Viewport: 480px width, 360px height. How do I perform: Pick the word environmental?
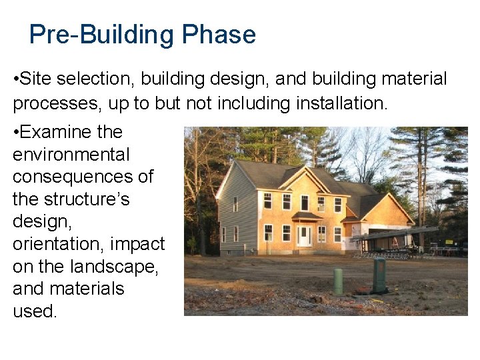click(71, 155)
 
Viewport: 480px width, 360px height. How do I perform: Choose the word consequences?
click(83, 177)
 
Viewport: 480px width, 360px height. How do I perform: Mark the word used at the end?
click(33, 311)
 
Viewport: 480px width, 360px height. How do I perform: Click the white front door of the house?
click(305, 236)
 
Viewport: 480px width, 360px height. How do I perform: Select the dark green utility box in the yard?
click(380, 275)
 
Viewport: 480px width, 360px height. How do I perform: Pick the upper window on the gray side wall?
click(235, 204)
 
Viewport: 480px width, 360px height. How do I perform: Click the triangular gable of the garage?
click(387, 210)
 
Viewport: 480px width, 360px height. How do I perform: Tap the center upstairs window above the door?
click(305, 202)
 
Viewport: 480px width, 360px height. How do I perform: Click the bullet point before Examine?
click(15, 133)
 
